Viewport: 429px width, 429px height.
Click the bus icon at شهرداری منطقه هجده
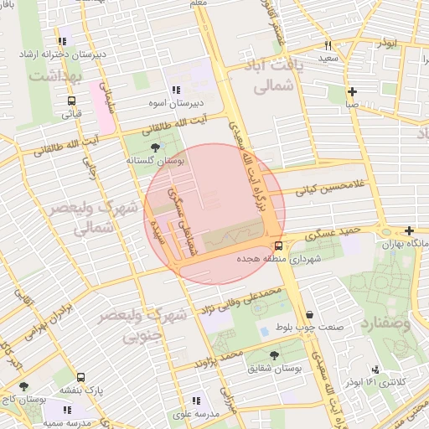pyautogui.click(x=278, y=246)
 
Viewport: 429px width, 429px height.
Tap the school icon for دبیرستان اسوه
pyautogui.click(x=176, y=90)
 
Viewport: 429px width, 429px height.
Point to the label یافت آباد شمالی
pyautogui.click(x=270, y=75)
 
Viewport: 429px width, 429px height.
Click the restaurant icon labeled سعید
pyautogui.click(x=328, y=45)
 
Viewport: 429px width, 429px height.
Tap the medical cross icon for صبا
pyautogui.click(x=352, y=91)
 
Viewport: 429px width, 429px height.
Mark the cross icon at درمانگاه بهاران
pyautogui.click(x=409, y=230)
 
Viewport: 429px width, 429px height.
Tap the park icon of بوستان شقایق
pyautogui.click(x=274, y=354)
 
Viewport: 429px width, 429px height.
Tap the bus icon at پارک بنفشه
pyautogui.click(x=80, y=377)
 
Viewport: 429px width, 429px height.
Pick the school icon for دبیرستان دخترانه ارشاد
pyautogui.click(x=62, y=41)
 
